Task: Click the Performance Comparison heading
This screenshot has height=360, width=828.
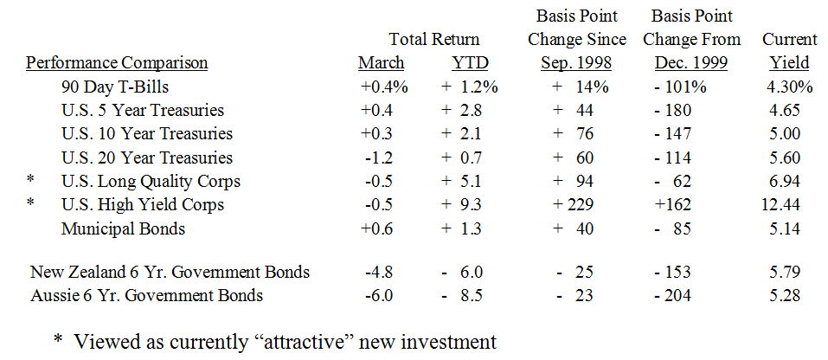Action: (117, 63)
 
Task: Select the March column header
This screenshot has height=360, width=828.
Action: (381, 63)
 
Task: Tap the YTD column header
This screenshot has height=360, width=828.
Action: (470, 63)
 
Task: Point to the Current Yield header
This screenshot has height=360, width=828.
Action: (789, 52)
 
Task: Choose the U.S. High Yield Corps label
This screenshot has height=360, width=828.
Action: (143, 205)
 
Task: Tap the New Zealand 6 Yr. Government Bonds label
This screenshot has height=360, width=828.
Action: (170, 273)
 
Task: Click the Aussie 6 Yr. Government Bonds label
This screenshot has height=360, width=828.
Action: (146, 296)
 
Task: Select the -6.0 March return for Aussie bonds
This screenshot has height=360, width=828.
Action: (381, 296)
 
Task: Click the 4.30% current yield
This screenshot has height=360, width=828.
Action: (789, 87)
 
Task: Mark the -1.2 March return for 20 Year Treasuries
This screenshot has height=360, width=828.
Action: (381, 157)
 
